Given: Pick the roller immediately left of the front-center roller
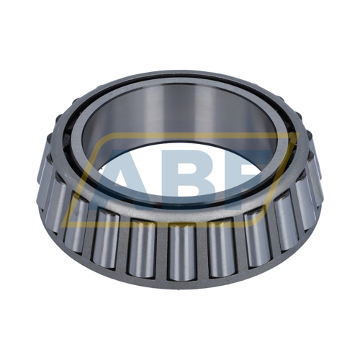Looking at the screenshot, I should [x=142, y=248].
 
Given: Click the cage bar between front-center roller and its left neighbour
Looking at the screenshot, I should [x=161, y=252].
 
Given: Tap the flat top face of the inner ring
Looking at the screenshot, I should [x=180, y=77].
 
